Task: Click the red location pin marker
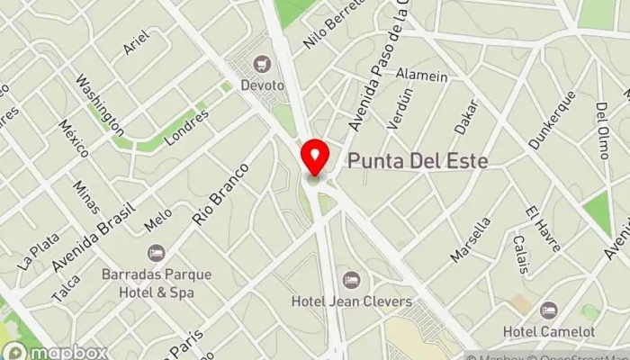[314, 157]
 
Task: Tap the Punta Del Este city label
[417, 162]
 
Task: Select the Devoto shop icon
[263, 63]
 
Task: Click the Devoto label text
[263, 85]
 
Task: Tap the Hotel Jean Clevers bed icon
[351, 279]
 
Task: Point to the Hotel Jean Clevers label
[351, 301]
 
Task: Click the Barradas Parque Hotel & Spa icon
[157, 253]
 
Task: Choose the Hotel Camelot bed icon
[549, 310]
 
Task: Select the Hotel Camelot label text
[549, 331]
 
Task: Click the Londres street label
[187, 128]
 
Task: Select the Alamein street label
[421, 76]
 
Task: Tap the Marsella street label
[471, 239]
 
